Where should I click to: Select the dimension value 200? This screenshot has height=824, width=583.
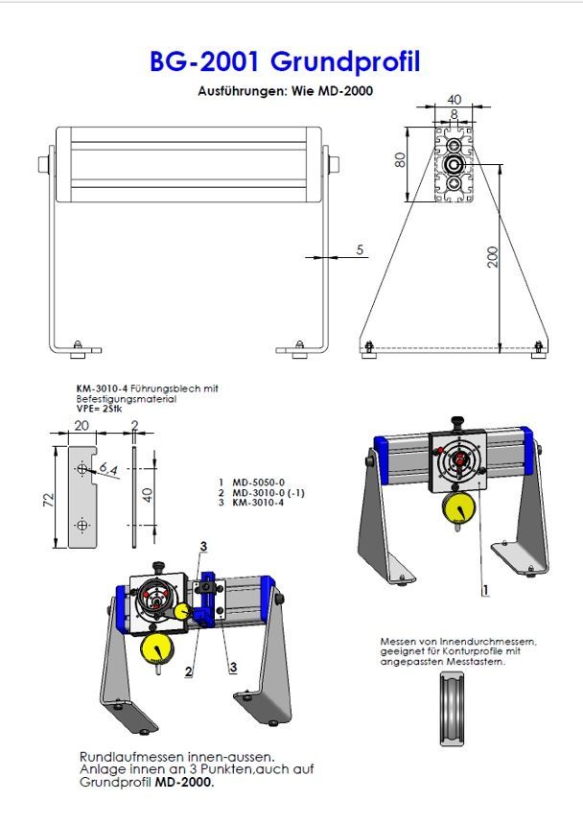click(x=492, y=257)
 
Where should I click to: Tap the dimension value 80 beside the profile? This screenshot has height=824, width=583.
click(x=400, y=160)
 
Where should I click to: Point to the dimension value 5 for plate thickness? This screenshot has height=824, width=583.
click(x=360, y=249)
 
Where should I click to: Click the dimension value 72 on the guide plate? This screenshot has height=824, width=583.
click(x=48, y=499)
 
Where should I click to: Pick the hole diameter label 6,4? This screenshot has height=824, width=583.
click(x=108, y=469)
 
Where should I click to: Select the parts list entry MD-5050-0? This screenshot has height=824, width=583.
click(x=258, y=482)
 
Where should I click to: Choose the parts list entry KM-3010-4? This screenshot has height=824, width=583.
click(x=258, y=503)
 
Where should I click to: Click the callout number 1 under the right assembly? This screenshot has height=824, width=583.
click(x=485, y=590)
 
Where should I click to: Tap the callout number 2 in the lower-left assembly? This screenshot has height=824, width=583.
click(x=189, y=671)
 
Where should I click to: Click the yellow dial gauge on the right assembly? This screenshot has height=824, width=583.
click(x=458, y=508)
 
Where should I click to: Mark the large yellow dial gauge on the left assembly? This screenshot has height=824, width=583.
click(x=157, y=649)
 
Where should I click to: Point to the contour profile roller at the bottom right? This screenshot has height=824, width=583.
click(x=453, y=709)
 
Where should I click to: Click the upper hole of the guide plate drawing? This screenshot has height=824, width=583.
click(x=82, y=468)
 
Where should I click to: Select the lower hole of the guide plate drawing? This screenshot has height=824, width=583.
click(x=82, y=525)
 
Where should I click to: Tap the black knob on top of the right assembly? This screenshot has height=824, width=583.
click(x=457, y=422)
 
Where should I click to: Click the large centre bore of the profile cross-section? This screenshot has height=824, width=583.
click(x=454, y=164)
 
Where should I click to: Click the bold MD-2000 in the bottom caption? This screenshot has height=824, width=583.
click(x=184, y=782)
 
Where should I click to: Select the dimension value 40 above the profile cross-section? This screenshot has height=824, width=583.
click(x=454, y=100)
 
